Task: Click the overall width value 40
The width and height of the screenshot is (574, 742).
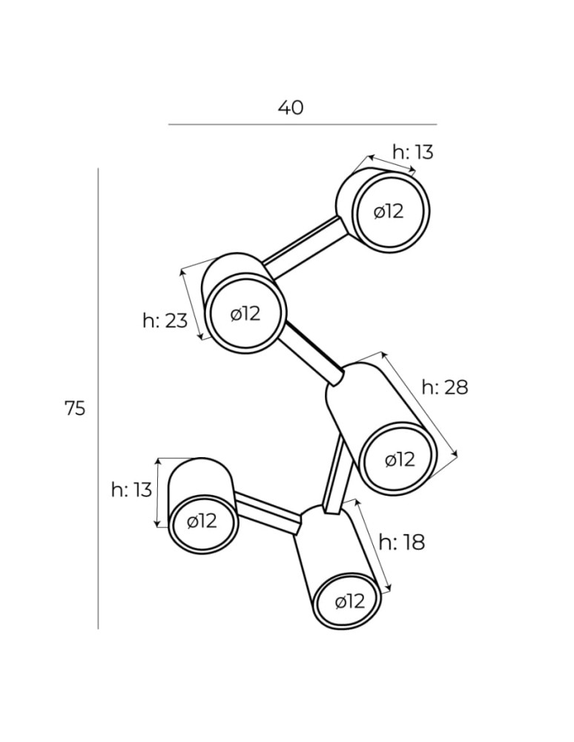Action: point(291,108)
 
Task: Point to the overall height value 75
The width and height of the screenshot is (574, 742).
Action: point(75,408)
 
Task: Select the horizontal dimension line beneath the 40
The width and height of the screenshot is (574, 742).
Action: point(302,125)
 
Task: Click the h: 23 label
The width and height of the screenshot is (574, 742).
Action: point(165,321)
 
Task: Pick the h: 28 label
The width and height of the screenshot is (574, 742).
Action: point(445,387)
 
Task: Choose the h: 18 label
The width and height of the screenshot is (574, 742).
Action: point(402,542)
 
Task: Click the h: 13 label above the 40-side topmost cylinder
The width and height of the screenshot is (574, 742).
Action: point(413,153)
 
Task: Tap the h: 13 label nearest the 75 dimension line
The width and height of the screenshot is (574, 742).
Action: point(131,490)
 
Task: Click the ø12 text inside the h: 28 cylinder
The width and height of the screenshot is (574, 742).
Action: point(400,459)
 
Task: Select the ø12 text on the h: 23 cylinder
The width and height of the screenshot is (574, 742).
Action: point(245,314)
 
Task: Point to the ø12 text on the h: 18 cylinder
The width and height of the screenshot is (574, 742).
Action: point(350,601)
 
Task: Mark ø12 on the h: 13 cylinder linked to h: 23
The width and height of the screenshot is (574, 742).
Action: point(389,211)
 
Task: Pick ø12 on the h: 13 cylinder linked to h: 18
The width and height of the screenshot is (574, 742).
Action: point(202,521)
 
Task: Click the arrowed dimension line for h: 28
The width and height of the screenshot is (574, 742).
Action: point(420,405)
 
